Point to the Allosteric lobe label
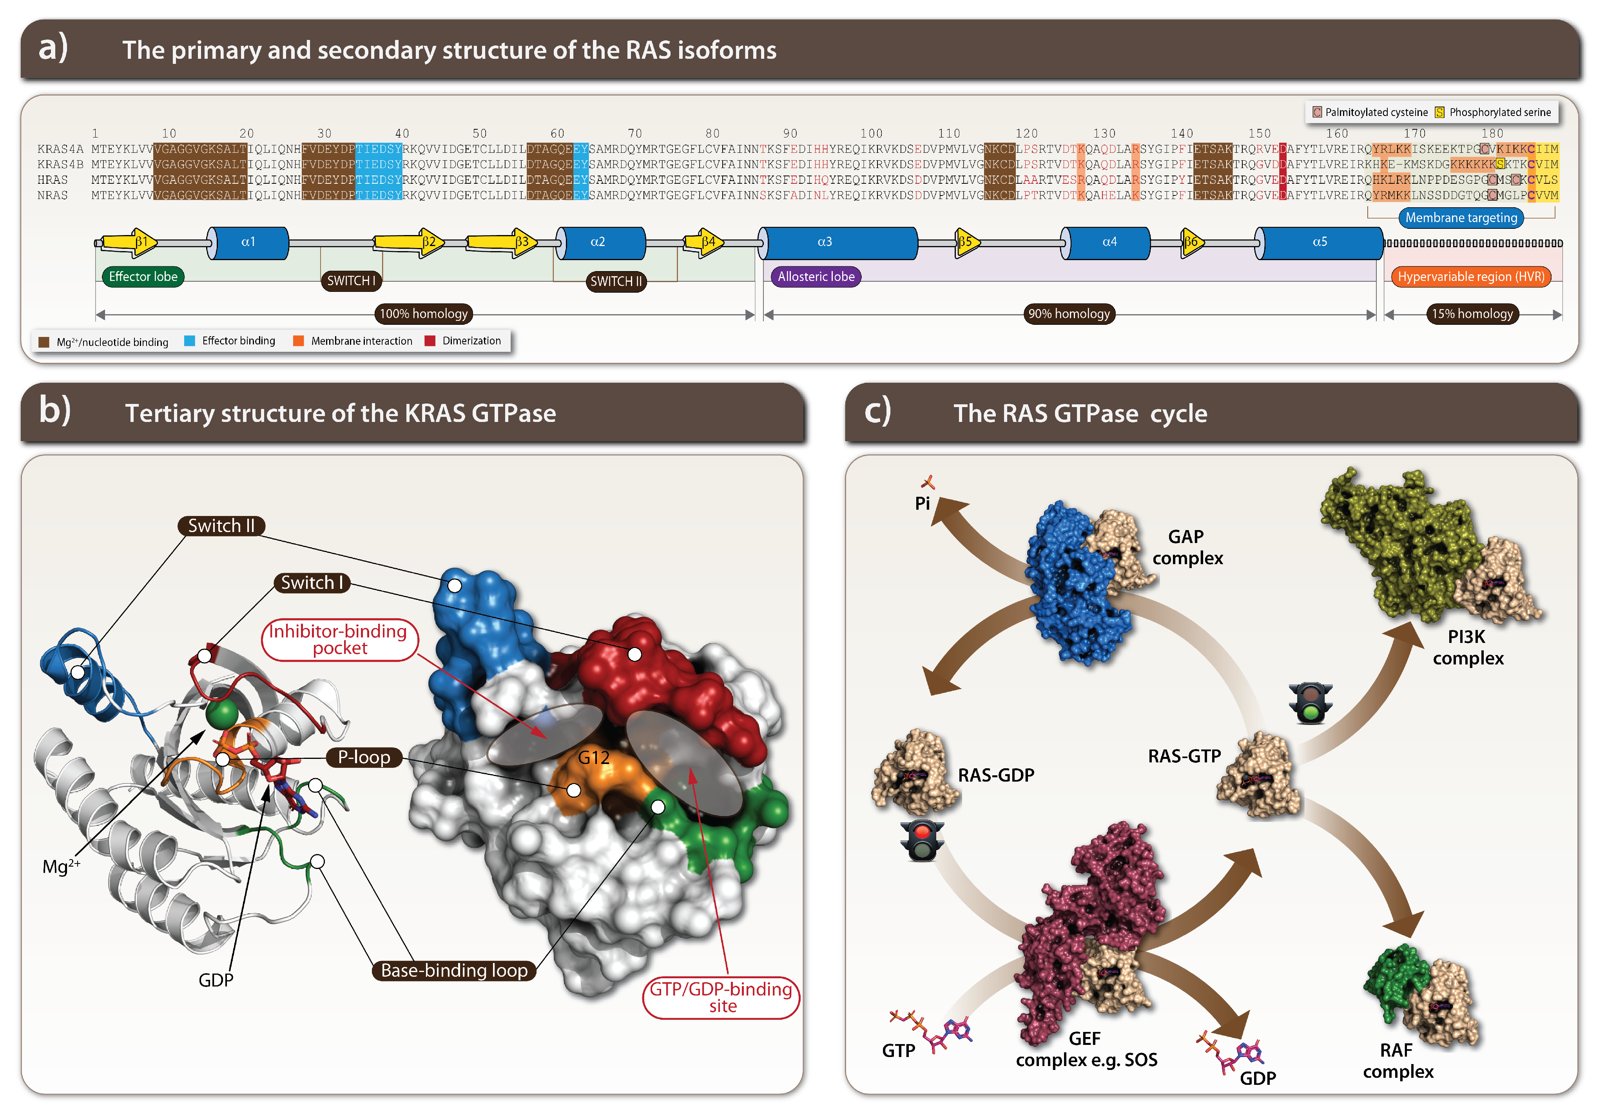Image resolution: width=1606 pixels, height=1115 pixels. click(816, 277)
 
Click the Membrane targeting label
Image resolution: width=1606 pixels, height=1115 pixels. click(1461, 218)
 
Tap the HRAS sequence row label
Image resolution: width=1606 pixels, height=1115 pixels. click(53, 179)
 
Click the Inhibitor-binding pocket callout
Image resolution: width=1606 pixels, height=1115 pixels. click(340, 640)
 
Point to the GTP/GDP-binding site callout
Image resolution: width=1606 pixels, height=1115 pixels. click(721, 997)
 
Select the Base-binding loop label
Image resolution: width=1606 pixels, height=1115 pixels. click(454, 970)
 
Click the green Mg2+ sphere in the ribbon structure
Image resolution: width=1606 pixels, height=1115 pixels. click(222, 713)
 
